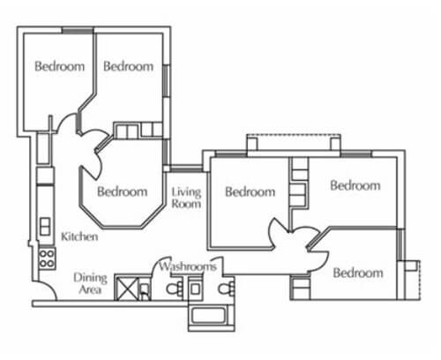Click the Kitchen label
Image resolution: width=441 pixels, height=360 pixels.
79,236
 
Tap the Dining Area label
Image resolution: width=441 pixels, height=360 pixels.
90,283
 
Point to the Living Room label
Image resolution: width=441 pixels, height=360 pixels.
186,198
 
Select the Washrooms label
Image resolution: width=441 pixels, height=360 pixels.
188,266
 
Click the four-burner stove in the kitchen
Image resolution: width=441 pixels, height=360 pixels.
47,259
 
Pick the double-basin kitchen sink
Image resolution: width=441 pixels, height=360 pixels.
45,226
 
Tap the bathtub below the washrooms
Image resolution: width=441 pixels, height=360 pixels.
212,315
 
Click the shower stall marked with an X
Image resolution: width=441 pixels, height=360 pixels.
127,289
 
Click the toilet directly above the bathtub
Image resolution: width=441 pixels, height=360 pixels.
227,289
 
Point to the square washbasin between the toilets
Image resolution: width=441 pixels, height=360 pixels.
195,289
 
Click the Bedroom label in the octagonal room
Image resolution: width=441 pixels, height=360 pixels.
123,191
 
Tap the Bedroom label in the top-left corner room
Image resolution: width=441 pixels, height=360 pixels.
59,66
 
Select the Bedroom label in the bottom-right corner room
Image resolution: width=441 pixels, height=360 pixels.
358,273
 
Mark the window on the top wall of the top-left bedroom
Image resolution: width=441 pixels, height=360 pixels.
78,31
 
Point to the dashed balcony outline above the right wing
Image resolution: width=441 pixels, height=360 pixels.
294,135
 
